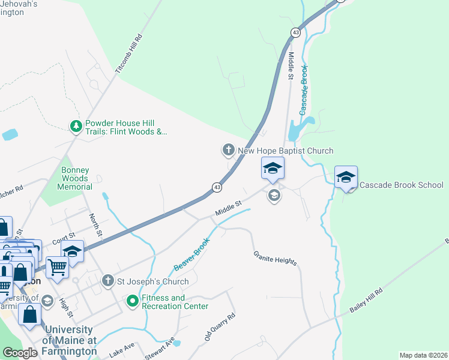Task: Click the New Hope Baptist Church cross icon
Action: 228,149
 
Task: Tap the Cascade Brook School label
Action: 401,185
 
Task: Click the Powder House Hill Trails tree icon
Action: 76,125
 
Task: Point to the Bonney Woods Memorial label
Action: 75,178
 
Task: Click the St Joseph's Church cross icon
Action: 107,280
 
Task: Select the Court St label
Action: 63,239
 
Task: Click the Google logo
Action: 20,352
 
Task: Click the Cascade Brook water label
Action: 304,90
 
